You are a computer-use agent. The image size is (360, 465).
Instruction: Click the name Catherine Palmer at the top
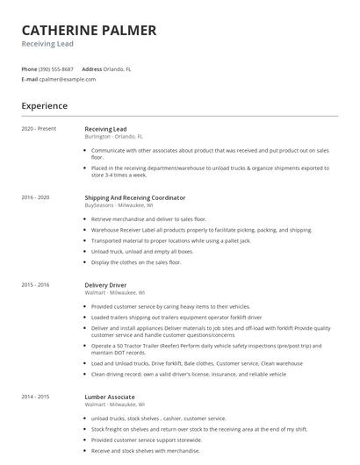tap(89, 31)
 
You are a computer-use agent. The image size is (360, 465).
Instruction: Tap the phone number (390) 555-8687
tap(57, 68)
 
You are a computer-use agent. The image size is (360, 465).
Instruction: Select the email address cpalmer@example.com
tap(68, 79)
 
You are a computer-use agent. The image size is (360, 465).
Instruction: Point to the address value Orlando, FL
tap(118, 68)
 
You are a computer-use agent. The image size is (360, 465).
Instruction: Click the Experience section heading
tap(44, 105)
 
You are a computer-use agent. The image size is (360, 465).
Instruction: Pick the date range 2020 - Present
tap(39, 129)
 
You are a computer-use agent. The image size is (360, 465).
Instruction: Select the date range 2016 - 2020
tap(36, 198)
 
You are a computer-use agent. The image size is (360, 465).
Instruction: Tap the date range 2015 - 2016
tap(36, 285)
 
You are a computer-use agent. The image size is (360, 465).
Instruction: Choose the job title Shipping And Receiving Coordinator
tap(134, 198)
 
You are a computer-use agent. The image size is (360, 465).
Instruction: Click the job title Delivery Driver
tap(105, 285)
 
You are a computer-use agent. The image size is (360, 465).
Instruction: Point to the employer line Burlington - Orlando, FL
tap(113, 137)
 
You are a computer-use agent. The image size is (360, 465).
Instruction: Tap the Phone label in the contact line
tap(29, 68)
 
